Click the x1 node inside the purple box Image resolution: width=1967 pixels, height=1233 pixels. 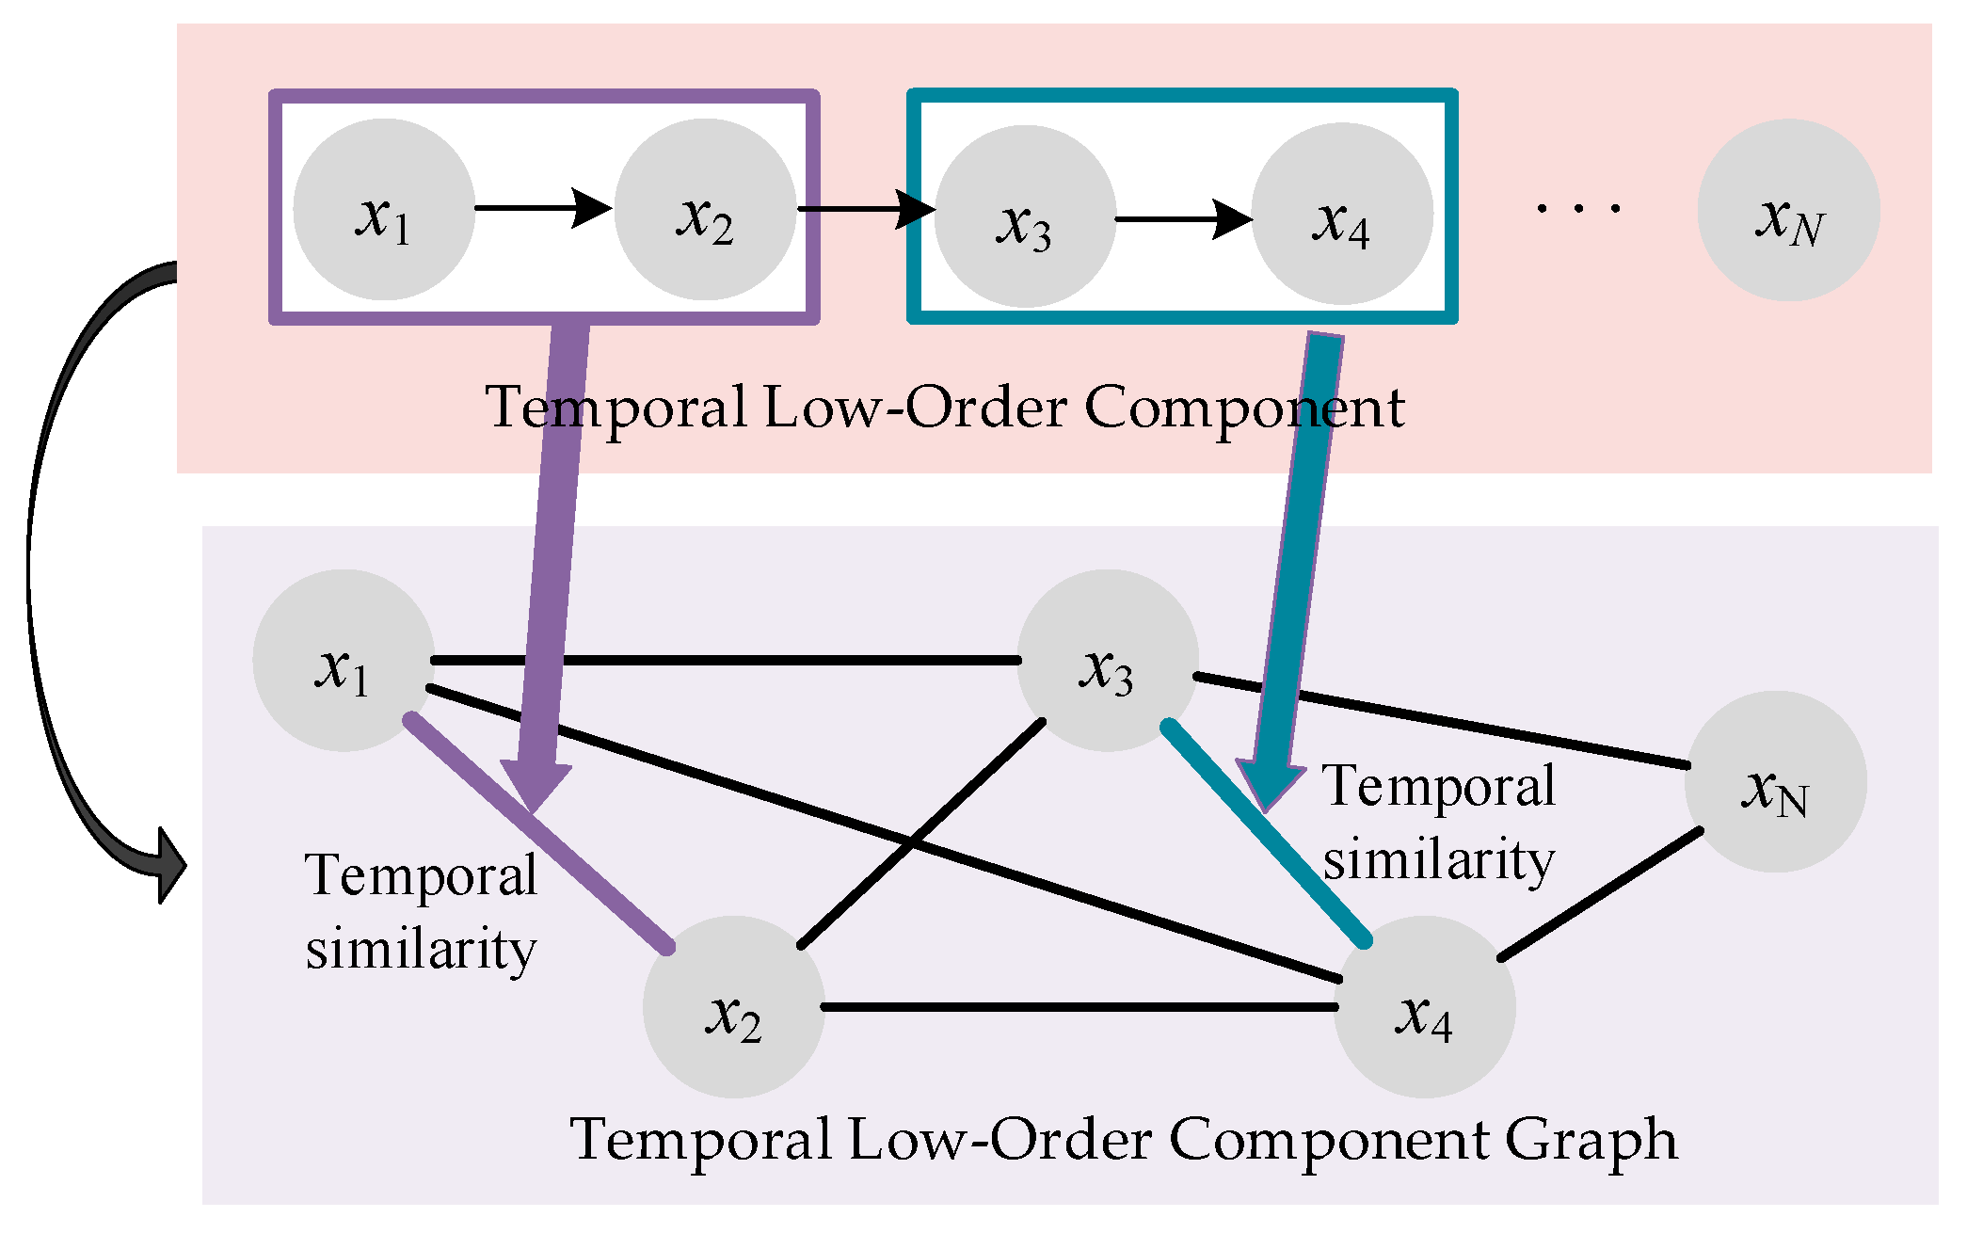(x=384, y=209)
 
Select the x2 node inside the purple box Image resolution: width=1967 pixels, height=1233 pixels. (x=706, y=209)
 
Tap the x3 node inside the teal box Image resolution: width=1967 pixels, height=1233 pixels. (x=1025, y=216)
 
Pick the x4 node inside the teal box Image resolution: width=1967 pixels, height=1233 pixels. (x=1342, y=215)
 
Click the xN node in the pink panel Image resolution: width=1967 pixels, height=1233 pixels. (x=1788, y=210)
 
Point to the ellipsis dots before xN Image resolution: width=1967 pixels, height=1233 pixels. (x=1578, y=208)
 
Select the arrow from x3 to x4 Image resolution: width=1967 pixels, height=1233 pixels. (x=1184, y=219)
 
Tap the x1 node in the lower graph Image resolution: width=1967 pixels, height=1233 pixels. (x=344, y=661)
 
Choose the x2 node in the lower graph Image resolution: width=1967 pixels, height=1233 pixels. (x=734, y=1007)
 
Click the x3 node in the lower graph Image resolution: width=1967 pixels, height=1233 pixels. (x=1108, y=661)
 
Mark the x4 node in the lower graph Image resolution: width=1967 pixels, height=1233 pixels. (x=1424, y=1007)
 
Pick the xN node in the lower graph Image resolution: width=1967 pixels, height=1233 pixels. (x=1775, y=782)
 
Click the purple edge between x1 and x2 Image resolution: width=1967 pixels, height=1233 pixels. (x=602, y=889)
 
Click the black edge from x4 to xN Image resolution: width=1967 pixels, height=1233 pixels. (x=1600, y=895)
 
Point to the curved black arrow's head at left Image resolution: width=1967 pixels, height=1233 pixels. (x=169, y=866)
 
